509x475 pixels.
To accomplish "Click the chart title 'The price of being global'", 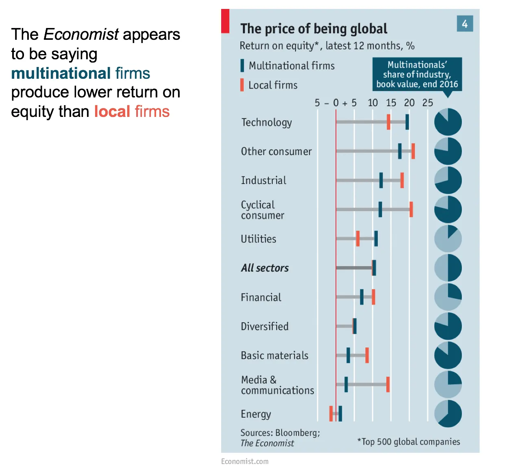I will (313, 29).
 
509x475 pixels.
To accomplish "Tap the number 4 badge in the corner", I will (465, 24).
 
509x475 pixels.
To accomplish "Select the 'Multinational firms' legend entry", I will (291, 66).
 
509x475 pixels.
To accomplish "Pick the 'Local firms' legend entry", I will (272, 85).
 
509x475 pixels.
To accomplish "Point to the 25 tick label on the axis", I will (427, 103).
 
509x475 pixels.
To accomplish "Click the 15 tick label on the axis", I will (391, 103).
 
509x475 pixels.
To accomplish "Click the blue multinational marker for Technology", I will (407, 122).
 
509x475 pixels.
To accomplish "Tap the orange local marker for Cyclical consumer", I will (411, 209).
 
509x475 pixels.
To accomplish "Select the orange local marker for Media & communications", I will (388, 384).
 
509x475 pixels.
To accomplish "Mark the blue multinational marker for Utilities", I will (376, 238).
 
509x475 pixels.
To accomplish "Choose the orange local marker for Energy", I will (331, 413).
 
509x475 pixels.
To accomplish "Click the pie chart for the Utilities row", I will (448, 239).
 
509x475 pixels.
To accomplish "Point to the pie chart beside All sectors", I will (448, 268).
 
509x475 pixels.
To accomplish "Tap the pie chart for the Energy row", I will (448, 414).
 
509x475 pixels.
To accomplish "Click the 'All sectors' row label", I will (265, 268).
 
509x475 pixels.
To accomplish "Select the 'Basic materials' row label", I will (274, 356).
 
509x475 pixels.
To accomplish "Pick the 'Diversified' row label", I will (264, 326).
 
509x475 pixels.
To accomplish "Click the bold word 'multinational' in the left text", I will (61, 73).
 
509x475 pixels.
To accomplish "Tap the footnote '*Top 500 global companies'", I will (409, 442).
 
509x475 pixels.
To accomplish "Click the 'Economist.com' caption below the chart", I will (245, 462).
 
